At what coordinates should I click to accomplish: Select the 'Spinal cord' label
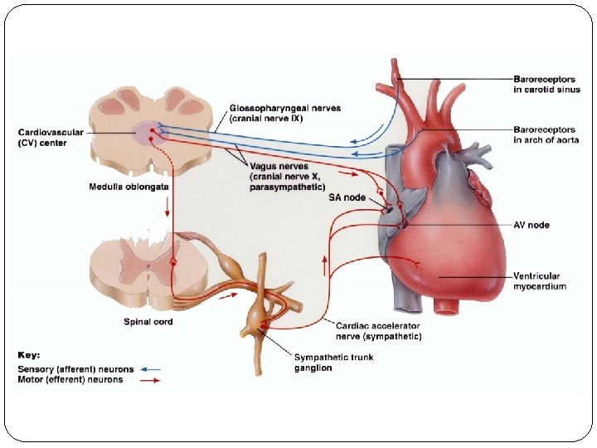pos(148,321)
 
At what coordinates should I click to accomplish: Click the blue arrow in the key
pos(150,369)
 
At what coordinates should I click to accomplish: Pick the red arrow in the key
pos(150,380)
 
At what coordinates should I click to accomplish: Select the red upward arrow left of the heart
pos(324,265)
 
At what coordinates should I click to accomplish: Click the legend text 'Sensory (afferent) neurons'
pos(75,369)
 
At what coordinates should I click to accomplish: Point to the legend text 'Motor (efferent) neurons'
pos(70,380)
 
